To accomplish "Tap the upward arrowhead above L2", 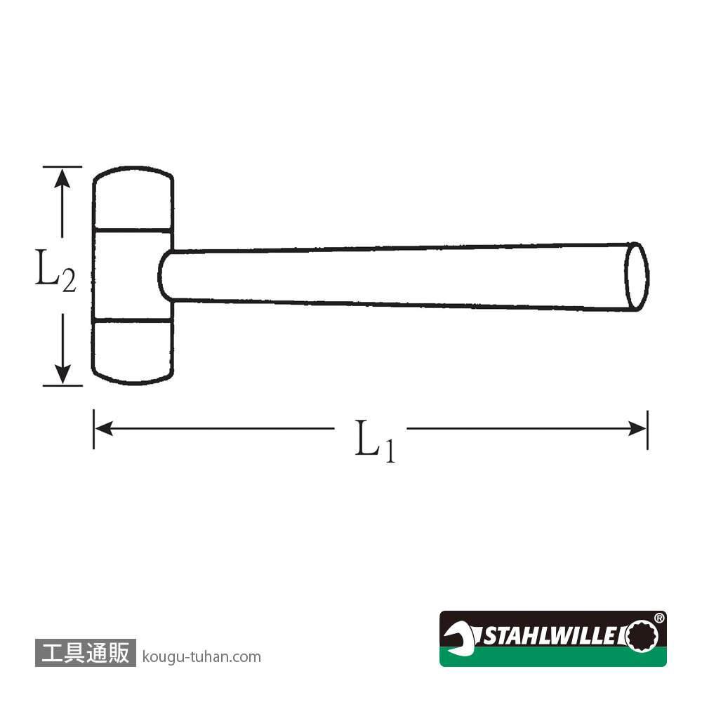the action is (x=62, y=178).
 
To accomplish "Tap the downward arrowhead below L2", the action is (x=62, y=374).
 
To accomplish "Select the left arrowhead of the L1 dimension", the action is (x=104, y=428).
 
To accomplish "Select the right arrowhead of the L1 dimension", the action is (x=637, y=428).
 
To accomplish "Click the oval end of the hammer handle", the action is (x=637, y=276).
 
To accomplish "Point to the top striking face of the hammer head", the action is (x=133, y=199).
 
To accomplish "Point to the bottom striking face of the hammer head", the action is (x=132, y=352).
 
